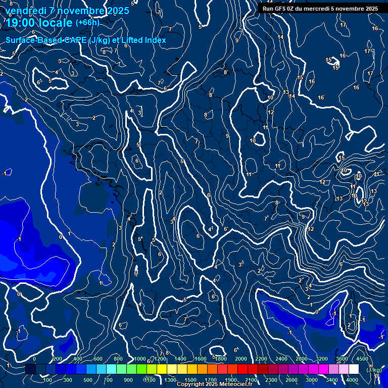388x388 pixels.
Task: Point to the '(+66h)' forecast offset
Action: coord(87,22)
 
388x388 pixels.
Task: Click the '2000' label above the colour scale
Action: coord(240,359)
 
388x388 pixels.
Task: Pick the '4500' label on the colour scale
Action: coord(362,359)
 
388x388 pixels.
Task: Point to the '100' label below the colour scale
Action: coord(48,380)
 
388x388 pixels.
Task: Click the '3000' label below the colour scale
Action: coord(312,380)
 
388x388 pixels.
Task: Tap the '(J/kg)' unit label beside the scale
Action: coord(374,370)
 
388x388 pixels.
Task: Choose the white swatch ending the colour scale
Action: coord(354,369)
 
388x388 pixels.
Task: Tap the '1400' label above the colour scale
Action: coord(180,359)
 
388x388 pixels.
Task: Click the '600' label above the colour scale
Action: coord(98,359)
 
